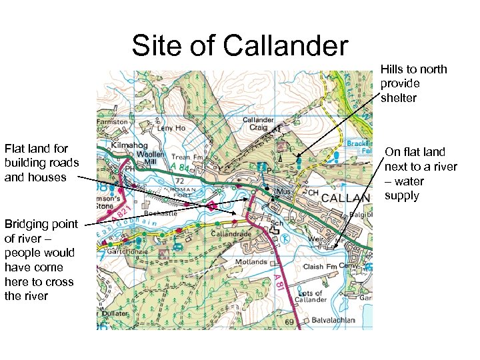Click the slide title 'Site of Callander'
point(239,46)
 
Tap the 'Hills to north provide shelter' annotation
point(413,83)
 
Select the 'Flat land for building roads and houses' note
point(41,163)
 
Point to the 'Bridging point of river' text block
point(41,259)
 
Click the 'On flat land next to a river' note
point(420,173)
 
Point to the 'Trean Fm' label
point(186,157)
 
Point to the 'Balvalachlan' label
point(335,319)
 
